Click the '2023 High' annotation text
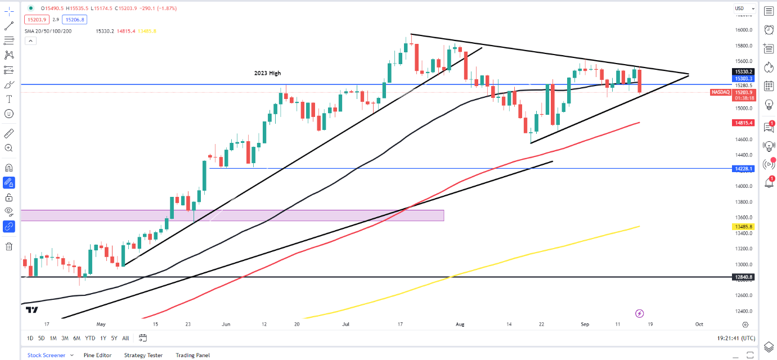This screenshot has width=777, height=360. pyautogui.click(x=267, y=73)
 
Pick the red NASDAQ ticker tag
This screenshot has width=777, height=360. pyautogui.click(x=720, y=92)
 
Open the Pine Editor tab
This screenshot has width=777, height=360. pyautogui.click(x=97, y=355)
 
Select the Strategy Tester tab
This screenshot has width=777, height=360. pyautogui.click(x=143, y=355)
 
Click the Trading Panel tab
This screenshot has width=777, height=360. pyautogui.click(x=192, y=355)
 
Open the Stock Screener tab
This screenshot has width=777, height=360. pyautogui.click(x=47, y=355)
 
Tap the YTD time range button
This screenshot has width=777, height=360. pyautogui.click(x=90, y=338)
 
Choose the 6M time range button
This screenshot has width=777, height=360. pyautogui.click(x=77, y=338)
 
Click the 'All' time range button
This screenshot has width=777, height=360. pyautogui.click(x=125, y=338)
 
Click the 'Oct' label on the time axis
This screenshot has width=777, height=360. pyautogui.click(x=699, y=325)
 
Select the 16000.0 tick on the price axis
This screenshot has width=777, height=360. pyautogui.click(x=744, y=30)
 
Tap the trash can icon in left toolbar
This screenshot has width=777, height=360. pyautogui.click(x=9, y=246)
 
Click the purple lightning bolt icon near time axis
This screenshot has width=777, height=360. pyautogui.click(x=639, y=313)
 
